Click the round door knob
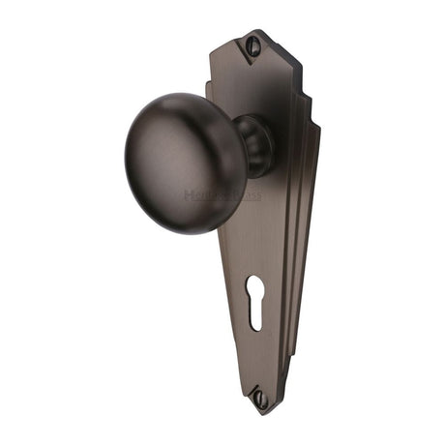pyautogui.click(x=178, y=149)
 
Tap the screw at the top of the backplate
pyautogui.click(x=254, y=43)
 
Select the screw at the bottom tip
pyautogui.click(x=260, y=396)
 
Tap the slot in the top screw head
pyautogui.click(x=254, y=43)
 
